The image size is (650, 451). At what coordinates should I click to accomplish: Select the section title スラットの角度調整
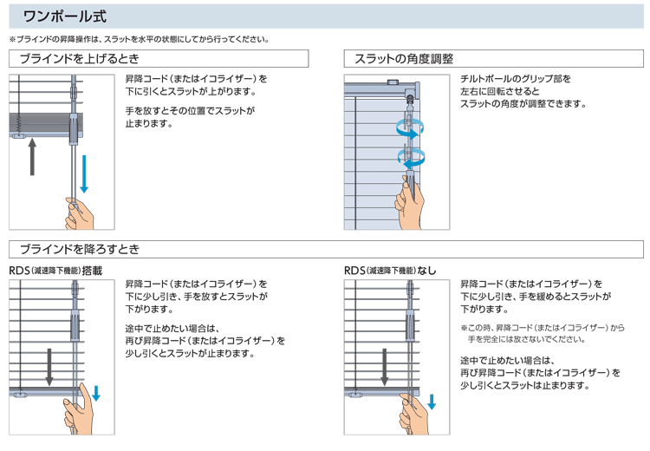click(404, 59)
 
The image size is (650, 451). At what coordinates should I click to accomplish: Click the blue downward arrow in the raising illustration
click(84, 173)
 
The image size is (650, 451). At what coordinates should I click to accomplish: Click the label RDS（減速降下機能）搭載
click(55, 271)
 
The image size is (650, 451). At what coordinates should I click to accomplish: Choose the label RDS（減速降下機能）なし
click(390, 271)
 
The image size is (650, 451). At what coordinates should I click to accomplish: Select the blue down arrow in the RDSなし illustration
click(431, 400)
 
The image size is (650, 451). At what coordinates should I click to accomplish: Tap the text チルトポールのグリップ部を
click(516, 78)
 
